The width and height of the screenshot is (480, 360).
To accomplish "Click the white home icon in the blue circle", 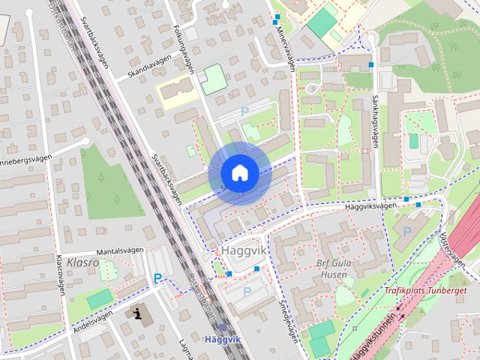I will pyautogui.click(x=239, y=172).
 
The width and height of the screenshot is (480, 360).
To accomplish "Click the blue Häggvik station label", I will pyautogui.click(x=222, y=339).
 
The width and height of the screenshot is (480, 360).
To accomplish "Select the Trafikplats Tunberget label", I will pyautogui.click(x=425, y=290).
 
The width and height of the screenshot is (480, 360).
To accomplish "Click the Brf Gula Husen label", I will pyautogui.click(x=333, y=268).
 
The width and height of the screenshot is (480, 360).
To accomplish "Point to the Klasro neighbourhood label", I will pyautogui.click(x=82, y=262).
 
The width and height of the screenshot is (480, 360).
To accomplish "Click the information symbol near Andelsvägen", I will pyautogui.click(x=137, y=313).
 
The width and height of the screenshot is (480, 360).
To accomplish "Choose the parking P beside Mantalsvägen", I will pyautogui.click(x=157, y=278).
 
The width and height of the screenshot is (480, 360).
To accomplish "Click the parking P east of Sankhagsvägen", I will pyautogui.click(x=406, y=231).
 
